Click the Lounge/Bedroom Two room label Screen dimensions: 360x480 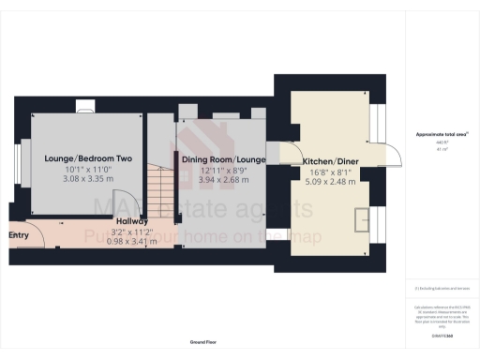[80, 159]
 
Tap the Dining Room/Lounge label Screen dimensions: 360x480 [223, 160]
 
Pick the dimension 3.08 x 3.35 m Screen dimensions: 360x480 [80, 178]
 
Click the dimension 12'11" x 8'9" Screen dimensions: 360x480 [223, 170]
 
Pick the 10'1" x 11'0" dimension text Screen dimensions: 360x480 [80, 169]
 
